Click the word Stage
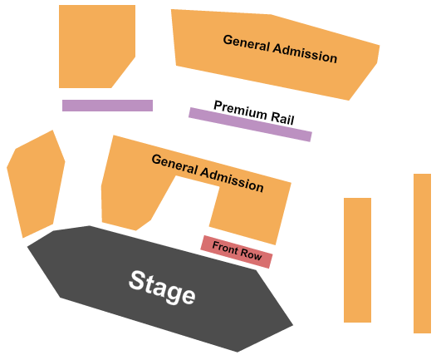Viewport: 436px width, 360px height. click(162, 288)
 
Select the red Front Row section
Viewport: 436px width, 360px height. click(237, 252)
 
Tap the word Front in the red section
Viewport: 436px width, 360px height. click(224, 247)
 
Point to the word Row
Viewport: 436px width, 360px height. click(251, 254)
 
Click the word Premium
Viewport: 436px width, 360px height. click(240, 110)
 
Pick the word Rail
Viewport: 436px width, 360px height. click(282, 118)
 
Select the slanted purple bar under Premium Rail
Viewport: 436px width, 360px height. click(250, 125)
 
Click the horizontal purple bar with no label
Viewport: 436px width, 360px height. click(107, 106)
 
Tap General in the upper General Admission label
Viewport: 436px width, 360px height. click(247, 43)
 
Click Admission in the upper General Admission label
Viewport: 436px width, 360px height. click(305, 53)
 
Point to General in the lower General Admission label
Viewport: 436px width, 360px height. click(175, 165)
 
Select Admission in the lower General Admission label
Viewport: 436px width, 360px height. click(232, 180)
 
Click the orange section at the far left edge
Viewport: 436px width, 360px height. click(36, 184)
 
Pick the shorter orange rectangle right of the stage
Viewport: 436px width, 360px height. click(357, 260)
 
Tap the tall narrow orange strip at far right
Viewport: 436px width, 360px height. click(422, 254)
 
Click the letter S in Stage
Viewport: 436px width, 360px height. click(137, 280)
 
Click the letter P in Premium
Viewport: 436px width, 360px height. click(218, 106)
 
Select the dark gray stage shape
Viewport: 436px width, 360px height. click(160, 288)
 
